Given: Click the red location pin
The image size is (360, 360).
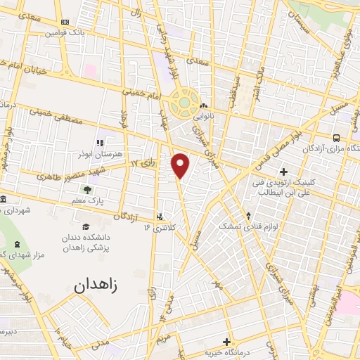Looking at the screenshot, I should (181, 165).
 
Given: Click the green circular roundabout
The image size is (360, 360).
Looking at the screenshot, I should (185, 103).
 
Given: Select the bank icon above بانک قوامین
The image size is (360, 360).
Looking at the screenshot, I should (65, 22).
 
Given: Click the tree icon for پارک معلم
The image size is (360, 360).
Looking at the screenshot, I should (88, 190).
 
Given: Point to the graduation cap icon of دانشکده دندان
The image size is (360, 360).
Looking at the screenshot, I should (86, 226).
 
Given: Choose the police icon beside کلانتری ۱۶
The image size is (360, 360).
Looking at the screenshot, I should (160, 216).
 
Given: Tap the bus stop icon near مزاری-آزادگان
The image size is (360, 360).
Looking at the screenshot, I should (336, 138).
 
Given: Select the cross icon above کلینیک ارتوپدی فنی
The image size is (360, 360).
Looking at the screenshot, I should (283, 171).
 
